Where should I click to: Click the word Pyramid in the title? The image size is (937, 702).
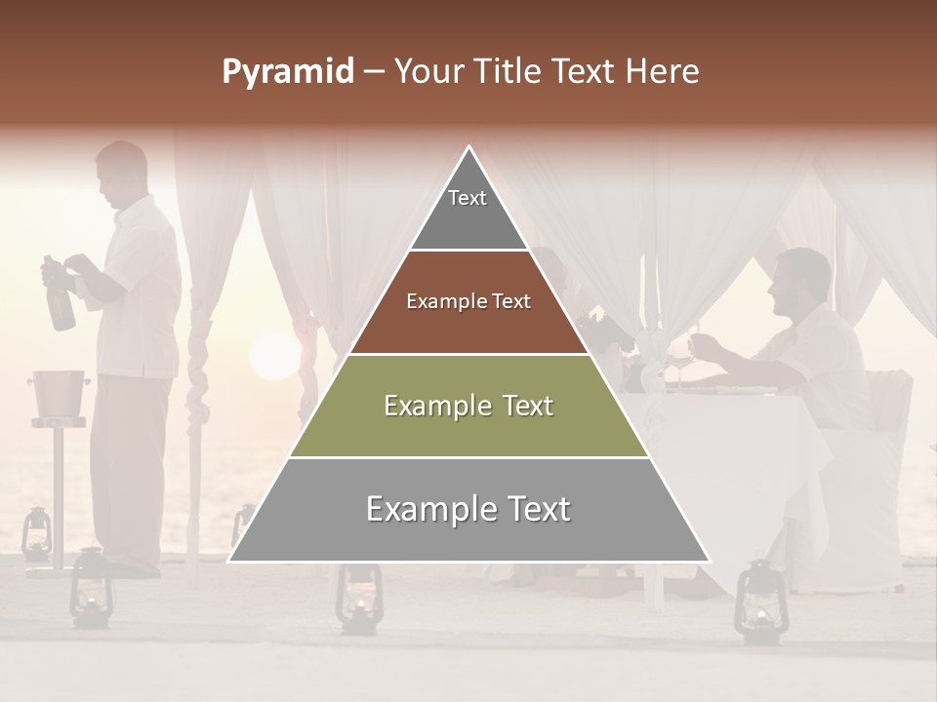pos(288,72)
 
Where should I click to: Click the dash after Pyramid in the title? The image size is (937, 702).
pos(374,73)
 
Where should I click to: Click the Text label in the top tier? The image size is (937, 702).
pos(468,198)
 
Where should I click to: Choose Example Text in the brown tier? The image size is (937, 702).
pos(468,301)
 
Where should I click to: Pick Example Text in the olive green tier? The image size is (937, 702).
pos(468,406)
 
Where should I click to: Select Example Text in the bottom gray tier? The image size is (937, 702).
pos(468,509)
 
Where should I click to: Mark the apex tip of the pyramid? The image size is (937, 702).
pos(469,148)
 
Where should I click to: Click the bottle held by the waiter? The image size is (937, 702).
pos(60,297)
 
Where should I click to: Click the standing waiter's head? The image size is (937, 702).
pos(122,172)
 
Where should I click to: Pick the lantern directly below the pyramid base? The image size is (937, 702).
pos(358,599)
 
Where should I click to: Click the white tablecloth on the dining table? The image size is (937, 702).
pos(742,458)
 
